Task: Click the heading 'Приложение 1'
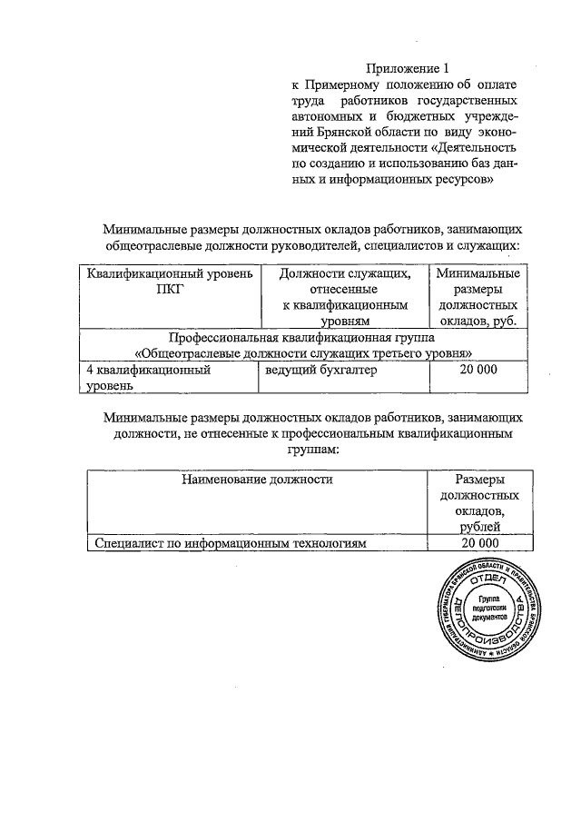pos(408,69)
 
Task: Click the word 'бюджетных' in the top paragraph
pos(426,115)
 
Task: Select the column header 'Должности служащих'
pos(345,273)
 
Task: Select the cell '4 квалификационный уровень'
pos(149,378)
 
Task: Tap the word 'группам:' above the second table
pos(313,449)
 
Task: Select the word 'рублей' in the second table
pos(478,527)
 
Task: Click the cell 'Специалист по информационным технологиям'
pos(231,543)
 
